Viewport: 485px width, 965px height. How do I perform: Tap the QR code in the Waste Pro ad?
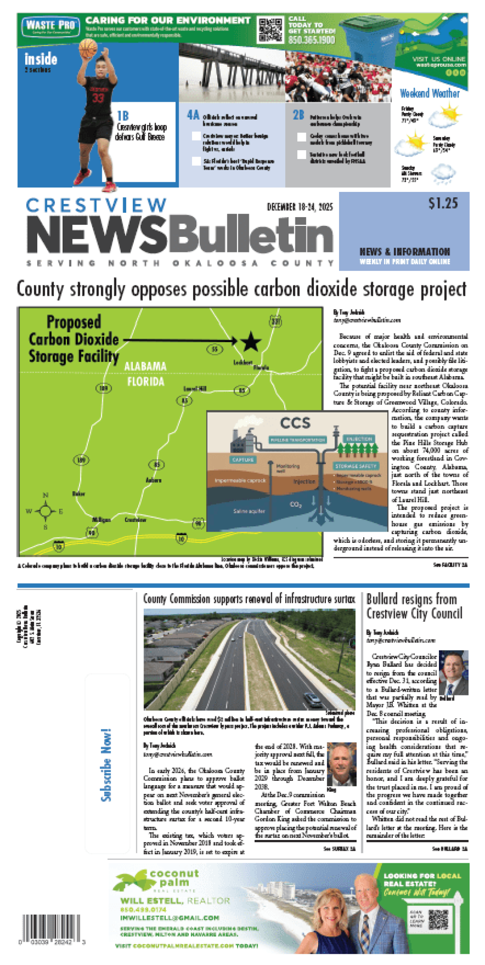click(270, 30)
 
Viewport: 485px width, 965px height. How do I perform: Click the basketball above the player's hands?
click(88, 48)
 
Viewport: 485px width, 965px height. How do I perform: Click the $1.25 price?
click(443, 203)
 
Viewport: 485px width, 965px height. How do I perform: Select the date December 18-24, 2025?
click(300, 207)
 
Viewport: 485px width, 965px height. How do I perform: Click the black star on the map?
click(250, 342)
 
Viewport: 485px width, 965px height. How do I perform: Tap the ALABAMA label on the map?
click(145, 366)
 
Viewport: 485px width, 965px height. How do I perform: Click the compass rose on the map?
click(45, 511)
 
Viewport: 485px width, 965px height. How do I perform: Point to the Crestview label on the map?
click(135, 520)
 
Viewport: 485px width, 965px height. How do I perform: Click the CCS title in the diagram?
click(295, 423)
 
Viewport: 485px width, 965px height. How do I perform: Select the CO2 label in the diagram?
click(295, 505)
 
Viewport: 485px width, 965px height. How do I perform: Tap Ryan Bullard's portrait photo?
click(453, 672)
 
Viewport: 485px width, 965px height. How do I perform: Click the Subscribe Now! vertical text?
click(106, 765)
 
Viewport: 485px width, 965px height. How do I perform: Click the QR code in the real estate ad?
click(438, 919)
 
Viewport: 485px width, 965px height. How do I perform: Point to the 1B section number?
click(123, 116)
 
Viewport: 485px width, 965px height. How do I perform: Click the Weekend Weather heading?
click(430, 93)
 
